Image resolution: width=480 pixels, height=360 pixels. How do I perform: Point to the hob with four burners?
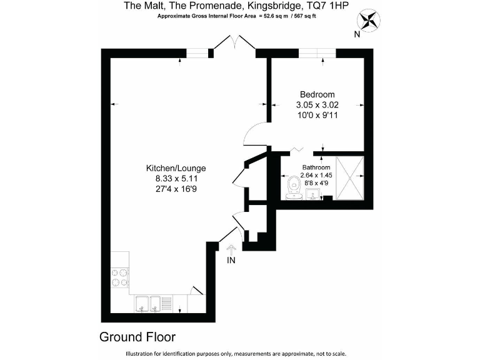tap(119, 277)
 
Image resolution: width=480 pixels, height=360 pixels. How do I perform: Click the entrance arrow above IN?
tap(231, 249)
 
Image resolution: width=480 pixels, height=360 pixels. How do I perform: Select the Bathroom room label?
tap(316, 167)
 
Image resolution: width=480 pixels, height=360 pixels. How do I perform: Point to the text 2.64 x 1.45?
tap(316, 176)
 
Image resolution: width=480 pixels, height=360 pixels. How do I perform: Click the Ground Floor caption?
tap(137, 337)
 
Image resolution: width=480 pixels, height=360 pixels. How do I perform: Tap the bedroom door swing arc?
tap(255, 134)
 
